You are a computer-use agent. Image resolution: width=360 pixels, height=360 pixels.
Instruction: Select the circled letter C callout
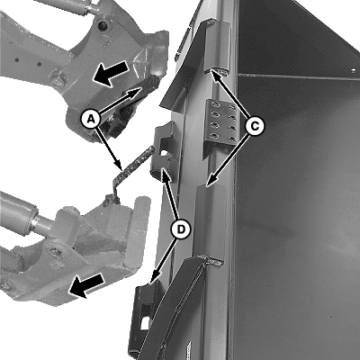[255, 126]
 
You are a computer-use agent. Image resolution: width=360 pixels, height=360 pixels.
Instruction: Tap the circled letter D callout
[181, 229]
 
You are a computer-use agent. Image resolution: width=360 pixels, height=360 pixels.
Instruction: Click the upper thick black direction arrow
[110, 74]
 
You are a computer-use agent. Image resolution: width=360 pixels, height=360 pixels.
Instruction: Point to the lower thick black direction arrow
[86, 286]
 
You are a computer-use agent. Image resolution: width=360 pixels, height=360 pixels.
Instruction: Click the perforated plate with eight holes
[221, 123]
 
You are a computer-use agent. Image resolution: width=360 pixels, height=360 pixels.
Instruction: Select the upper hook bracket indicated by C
[217, 48]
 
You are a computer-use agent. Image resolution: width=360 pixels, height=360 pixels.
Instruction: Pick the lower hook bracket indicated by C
[210, 222]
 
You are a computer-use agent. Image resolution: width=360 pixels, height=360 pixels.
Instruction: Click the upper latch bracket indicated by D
[165, 150]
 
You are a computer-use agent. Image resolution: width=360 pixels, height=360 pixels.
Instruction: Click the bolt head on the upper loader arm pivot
[57, 81]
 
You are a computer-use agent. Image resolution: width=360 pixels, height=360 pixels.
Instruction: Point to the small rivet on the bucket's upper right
[354, 70]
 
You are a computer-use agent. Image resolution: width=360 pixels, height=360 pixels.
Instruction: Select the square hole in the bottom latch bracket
[146, 322]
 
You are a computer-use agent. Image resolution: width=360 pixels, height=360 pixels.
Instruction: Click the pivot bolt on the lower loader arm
[55, 251]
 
